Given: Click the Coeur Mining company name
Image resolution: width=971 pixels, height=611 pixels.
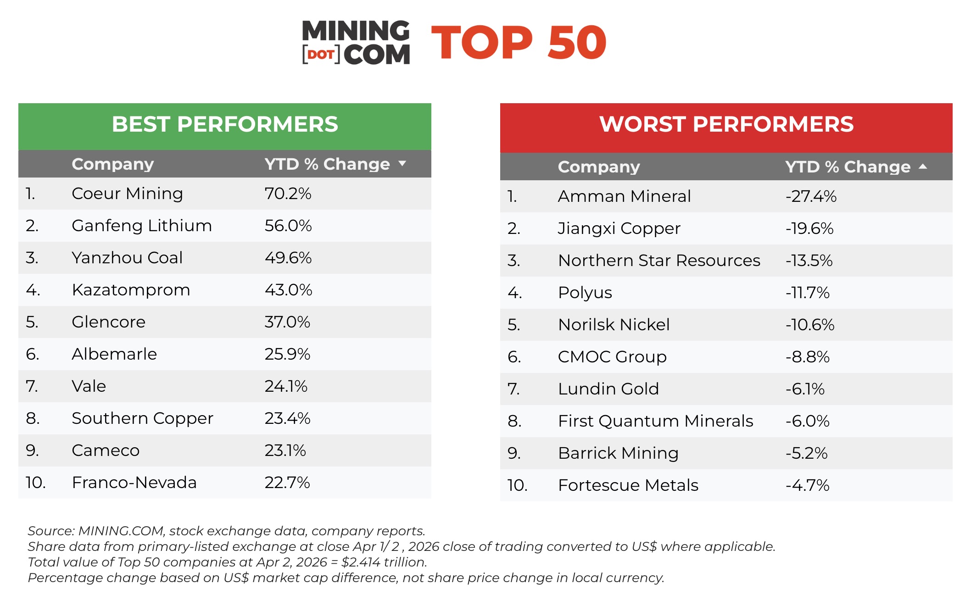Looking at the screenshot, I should pyautogui.click(x=127, y=194).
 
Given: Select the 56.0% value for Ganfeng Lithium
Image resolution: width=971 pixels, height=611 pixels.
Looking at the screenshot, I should pyautogui.click(x=288, y=226).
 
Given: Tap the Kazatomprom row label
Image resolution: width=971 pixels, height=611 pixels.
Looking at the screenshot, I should pyautogui.click(x=131, y=290).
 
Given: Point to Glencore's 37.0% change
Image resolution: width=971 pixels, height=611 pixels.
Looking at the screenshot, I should pyautogui.click(x=287, y=322).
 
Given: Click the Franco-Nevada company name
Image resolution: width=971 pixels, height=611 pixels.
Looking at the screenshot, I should pyautogui.click(x=134, y=483).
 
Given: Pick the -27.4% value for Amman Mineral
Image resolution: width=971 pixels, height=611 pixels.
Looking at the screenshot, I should pyautogui.click(x=811, y=196).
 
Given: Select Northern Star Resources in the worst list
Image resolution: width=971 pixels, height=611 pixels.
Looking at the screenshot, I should pyautogui.click(x=659, y=261).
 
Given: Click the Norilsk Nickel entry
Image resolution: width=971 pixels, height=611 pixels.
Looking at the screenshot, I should pyautogui.click(x=614, y=325).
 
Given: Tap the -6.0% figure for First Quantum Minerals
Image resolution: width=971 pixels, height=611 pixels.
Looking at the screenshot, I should pyautogui.click(x=807, y=421).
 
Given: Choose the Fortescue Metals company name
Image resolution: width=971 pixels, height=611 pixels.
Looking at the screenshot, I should pyautogui.click(x=628, y=485).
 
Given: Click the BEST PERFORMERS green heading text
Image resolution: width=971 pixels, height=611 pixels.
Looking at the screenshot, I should pyautogui.click(x=225, y=124).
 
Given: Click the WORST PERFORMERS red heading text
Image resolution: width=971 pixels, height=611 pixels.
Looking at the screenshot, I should pyautogui.click(x=726, y=124).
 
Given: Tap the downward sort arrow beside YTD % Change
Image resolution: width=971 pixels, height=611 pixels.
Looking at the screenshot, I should pyautogui.click(x=402, y=163).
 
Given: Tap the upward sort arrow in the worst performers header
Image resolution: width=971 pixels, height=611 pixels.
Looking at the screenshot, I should pyautogui.click(x=923, y=167).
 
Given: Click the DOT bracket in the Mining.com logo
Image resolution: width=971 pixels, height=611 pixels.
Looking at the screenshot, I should pyautogui.click(x=321, y=55).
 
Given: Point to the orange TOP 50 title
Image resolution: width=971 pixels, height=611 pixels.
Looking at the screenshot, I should pyautogui.click(x=519, y=43).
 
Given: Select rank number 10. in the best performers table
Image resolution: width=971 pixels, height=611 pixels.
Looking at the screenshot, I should pyautogui.click(x=35, y=483).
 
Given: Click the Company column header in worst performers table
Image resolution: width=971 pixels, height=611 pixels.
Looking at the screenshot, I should pyautogui.click(x=598, y=167).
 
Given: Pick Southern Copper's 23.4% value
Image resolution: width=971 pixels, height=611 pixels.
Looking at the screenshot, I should pyautogui.click(x=287, y=418).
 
